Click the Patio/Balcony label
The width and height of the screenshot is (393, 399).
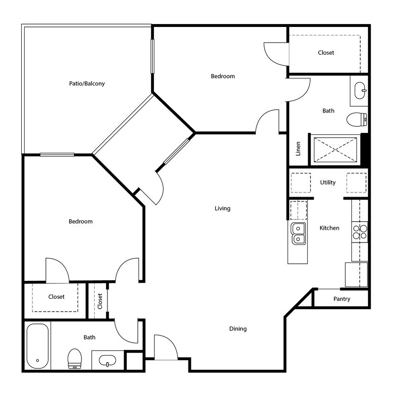(x=87, y=84)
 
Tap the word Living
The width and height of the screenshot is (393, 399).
(x=222, y=208)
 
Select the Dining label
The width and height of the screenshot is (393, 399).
(x=238, y=329)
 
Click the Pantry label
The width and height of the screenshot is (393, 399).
(x=341, y=299)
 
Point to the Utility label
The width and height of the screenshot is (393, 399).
(x=328, y=182)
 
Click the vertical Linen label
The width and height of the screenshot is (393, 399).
(x=298, y=149)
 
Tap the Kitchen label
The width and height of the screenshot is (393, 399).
(x=329, y=228)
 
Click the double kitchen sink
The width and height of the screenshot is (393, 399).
(x=298, y=234)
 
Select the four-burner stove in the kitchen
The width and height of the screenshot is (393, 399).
(x=360, y=232)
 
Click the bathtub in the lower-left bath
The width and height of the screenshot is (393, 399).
(x=37, y=346)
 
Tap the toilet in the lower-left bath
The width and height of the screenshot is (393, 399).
(x=74, y=358)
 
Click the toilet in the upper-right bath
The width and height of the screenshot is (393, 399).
(x=357, y=120)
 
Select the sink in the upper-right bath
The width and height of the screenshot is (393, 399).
(x=360, y=90)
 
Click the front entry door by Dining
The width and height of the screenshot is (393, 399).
(x=165, y=348)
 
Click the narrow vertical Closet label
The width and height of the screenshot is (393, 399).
(x=100, y=301)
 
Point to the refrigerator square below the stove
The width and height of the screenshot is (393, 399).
(x=356, y=275)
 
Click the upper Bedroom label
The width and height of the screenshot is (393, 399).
(x=223, y=76)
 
